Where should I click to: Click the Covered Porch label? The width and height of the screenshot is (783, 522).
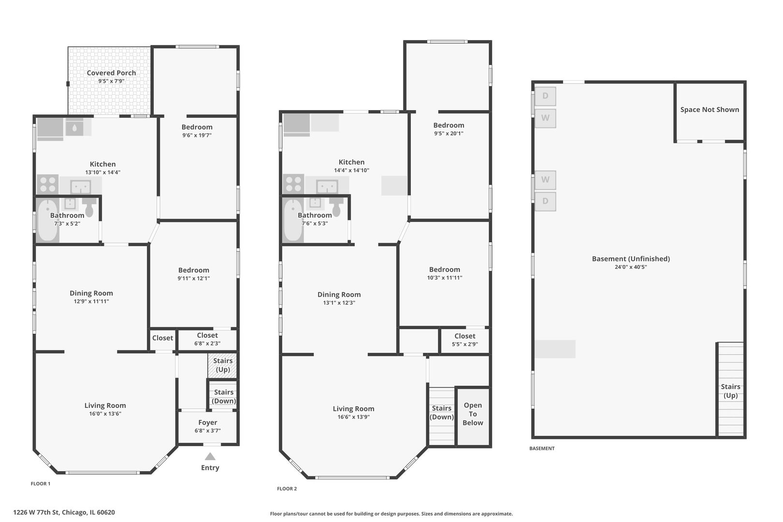coord(111,73)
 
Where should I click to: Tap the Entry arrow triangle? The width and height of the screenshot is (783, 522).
coord(210,456)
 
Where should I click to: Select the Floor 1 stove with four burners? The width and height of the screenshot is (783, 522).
coord(48,185)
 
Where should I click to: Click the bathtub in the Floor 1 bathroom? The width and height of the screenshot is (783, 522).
coord(47,220)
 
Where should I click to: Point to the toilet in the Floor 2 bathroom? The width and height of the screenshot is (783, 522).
coord(336,208)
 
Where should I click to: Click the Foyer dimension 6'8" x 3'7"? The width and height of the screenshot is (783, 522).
coord(207,431)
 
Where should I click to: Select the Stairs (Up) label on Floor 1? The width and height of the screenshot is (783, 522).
coord(223,365)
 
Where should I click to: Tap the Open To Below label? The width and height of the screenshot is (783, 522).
coord(473,414)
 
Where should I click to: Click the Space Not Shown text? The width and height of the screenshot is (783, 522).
coord(710,110)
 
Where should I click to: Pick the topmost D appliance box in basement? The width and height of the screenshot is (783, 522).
coord(545,96)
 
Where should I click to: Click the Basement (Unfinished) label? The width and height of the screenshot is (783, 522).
coord(631,259)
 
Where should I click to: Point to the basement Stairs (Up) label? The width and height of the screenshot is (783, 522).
coord(730,391)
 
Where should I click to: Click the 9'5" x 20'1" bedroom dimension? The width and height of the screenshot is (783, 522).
coord(449,133)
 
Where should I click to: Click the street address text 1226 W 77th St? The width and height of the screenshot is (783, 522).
coord(64,512)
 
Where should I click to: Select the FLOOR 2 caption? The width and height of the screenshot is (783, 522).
coord(287,489)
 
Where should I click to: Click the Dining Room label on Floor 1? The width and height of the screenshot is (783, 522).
coord(91,293)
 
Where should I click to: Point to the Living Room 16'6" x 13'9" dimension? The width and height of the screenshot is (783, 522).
coord(353,417)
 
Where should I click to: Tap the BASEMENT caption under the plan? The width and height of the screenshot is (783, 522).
coord(542,449)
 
